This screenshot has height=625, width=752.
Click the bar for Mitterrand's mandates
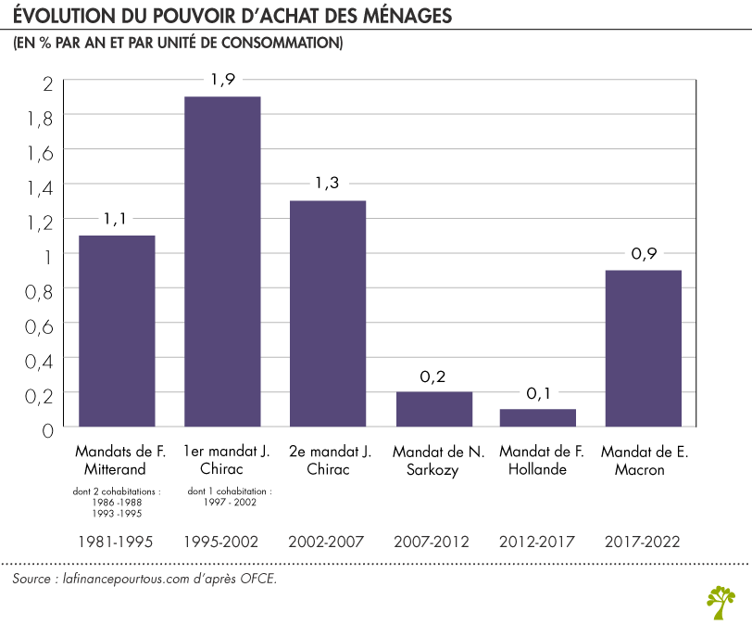click(x=117, y=331)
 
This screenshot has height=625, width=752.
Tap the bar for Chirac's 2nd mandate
click(x=328, y=313)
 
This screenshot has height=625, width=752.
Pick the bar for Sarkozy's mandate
click(x=433, y=409)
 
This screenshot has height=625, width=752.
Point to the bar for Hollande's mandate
click(x=538, y=417)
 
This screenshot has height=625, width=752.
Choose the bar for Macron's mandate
click(x=644, y=348)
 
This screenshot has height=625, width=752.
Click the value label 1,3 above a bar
click(x=328, y=184)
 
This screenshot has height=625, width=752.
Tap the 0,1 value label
click(x=538, y=392)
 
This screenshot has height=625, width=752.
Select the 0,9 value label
click(x=644, y=253)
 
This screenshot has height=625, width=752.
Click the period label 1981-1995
click(x=117, y=541)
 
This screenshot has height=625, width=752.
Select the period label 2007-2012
click(x=433, y=541)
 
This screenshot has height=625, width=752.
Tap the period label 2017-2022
click(x=644, y=541)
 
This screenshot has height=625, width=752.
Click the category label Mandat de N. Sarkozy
click(x=433, y=461)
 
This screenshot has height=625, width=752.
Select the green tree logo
click(x=721, y=600)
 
